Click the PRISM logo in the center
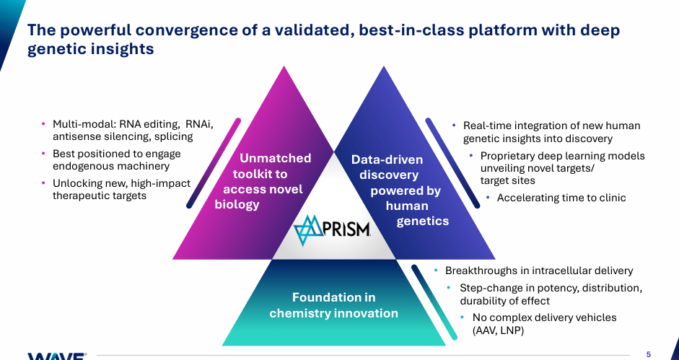333,229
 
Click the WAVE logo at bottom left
57,356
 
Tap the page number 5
648,354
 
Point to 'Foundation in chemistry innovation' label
333,305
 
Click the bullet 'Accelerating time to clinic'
561,198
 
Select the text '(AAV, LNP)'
497,330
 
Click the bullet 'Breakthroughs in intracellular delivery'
539,271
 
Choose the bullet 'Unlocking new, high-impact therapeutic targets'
121,190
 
